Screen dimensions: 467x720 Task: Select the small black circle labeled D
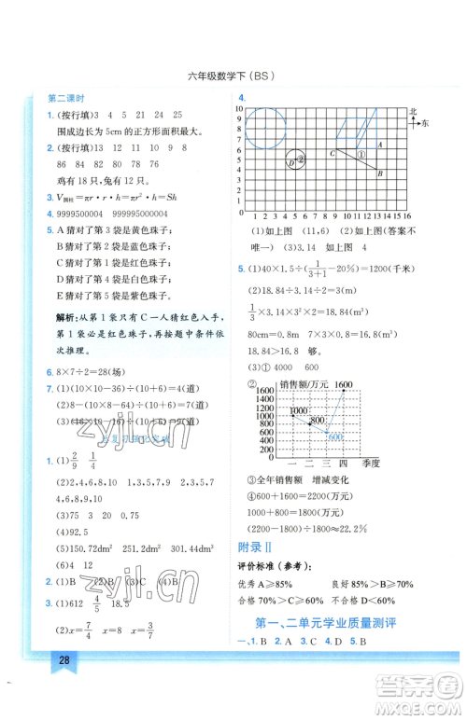[x=298, y=160]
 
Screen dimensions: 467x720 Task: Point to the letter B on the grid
[x=377, y=173]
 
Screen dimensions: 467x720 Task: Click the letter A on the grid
[x=380, y=144]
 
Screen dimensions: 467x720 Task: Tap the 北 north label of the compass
[x=412, y=111]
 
